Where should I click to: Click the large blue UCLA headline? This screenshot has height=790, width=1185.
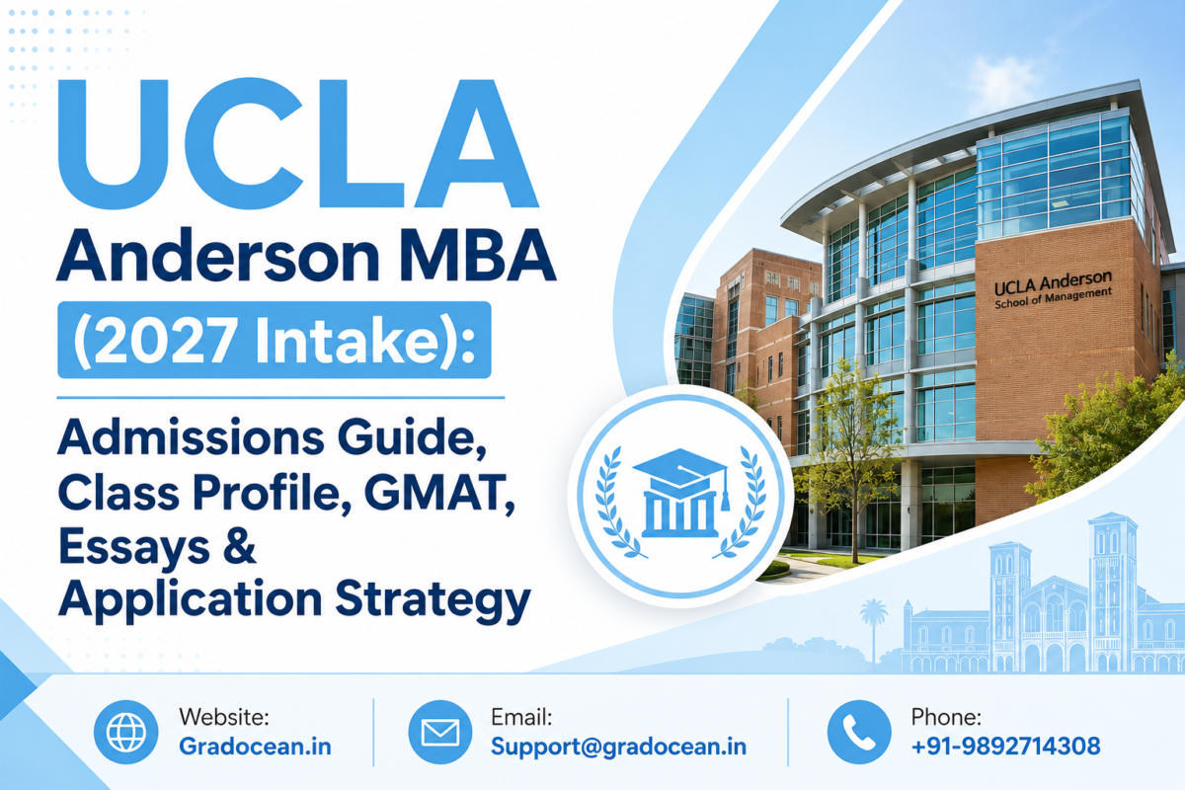click(x=298, y=144)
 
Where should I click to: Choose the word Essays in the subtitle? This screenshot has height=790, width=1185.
click(x=134, y=549)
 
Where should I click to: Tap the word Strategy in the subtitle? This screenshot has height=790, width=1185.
click(x=433, y=601)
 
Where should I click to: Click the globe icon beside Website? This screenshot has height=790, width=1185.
click(x=126, y=732)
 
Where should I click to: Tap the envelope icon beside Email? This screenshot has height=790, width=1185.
click(x=440, y=732)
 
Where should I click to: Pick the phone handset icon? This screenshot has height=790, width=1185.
click(x=859, y=732)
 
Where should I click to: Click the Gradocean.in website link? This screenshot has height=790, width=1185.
click(x=255, y=747)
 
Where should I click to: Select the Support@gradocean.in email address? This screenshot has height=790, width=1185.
click(x=618, y=747)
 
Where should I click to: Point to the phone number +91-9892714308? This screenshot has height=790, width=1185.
click(x=1005, y=747)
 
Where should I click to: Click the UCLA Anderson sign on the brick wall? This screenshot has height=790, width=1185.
click(x=1054, y=289)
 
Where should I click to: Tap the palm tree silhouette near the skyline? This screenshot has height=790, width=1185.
click(x=873, y=630)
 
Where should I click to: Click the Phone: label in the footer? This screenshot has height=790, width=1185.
click(x=946, y=717)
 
